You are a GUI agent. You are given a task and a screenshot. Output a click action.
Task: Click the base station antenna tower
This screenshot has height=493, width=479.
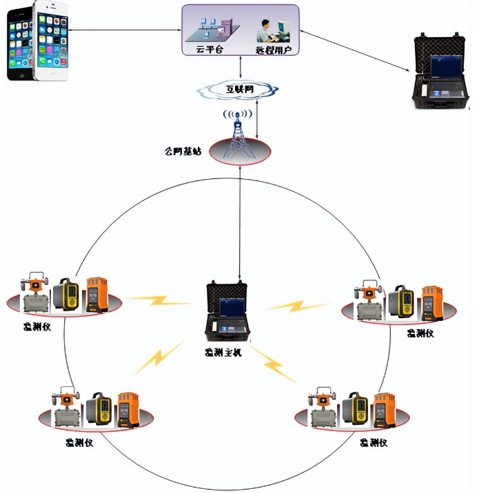pyautogui.click(x=238, y=134)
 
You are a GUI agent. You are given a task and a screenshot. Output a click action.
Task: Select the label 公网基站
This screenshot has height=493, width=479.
pyautogui.click(x=183, y=151)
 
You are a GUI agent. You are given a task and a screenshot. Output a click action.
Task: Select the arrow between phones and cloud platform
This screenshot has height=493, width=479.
pyautogui.click(x=124, y=30)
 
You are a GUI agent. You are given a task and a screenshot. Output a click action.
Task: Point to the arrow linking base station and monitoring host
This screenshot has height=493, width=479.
pyautogui.click(x=239, y=220)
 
